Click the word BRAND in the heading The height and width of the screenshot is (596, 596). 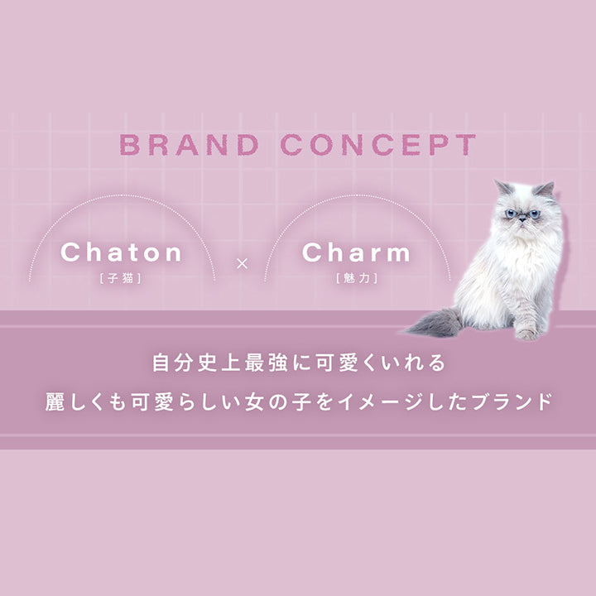189,145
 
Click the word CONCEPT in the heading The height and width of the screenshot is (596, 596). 378,145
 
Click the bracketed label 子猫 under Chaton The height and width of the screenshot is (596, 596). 122,277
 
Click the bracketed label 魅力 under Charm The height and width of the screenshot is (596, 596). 356,277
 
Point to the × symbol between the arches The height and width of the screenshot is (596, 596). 242,264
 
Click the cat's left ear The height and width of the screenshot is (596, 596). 502,187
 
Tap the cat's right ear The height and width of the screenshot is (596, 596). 545,189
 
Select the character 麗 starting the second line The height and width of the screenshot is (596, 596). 55,403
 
